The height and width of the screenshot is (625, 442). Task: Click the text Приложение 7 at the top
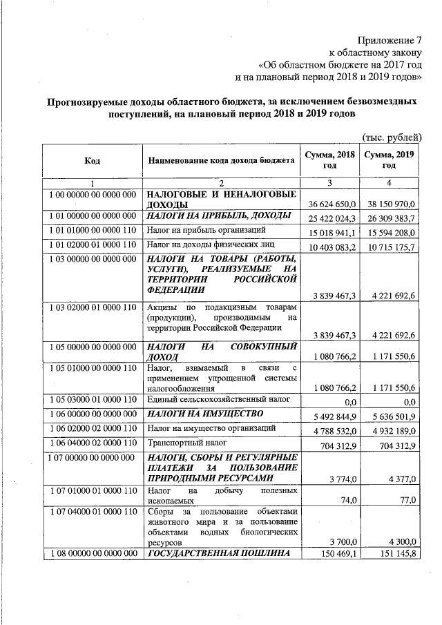coord(390,39)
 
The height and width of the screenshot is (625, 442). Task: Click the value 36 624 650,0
coord(331,205)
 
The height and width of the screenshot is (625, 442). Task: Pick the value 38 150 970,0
coord(390,205)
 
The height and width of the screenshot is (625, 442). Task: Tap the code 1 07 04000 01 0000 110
coord(93,512)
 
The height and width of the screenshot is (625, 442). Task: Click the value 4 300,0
coord(399,544)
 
